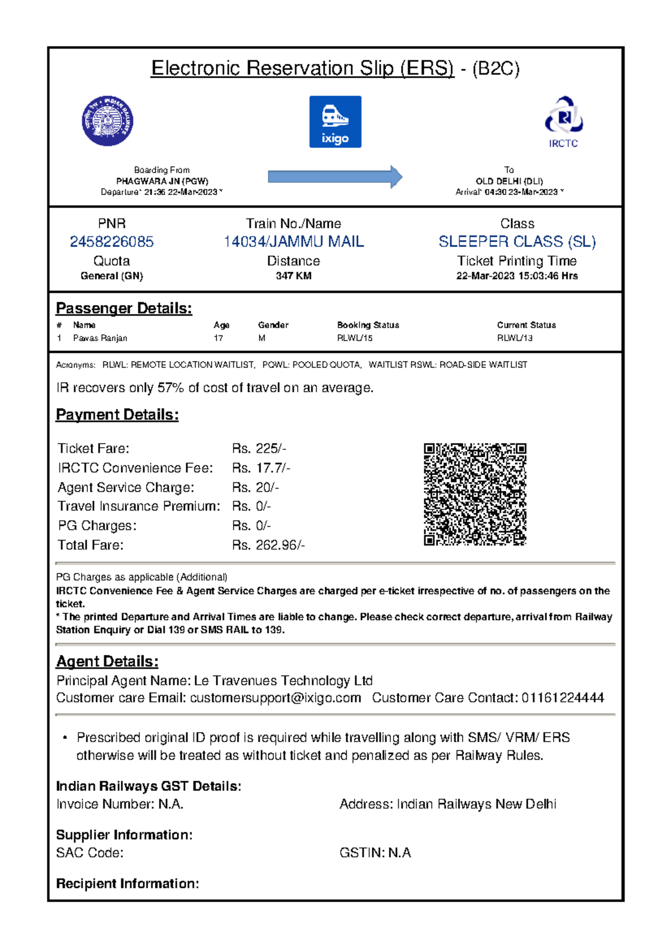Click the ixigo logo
pyautogui.click(x=335, y=122)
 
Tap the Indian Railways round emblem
pyautogui.click(x=107, y=121)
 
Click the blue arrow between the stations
pyautogui.click(x=335, y=177)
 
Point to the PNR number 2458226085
pyautogui.click(x=112, y=241)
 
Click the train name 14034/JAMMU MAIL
pyautogui.click(x=294, y=241)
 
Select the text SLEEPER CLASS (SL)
pyautogui.click(x=517, y=241)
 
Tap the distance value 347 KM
pyautogui.click(x=294, y=276)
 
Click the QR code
pyautogui.click(x=475, y=494)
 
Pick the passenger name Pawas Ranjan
pyautogui.click(x=100, y=338)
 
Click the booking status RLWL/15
pyautogui.click(x=355, y=338)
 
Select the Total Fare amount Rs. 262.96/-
pyautogui.click(x=268, y=545)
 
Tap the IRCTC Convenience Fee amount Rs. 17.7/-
pyautogui.click(x=261, y=468)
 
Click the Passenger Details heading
pyautogui.click(x=124, y=309)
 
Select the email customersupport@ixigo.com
pyautogui.click(x=275, y=697)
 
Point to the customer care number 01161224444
pyautogui.click(x=563, y=697)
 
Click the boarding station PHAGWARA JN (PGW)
pyautogui.click(x=162, y=181)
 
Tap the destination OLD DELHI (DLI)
pyautogui.click(x=509, y=181)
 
